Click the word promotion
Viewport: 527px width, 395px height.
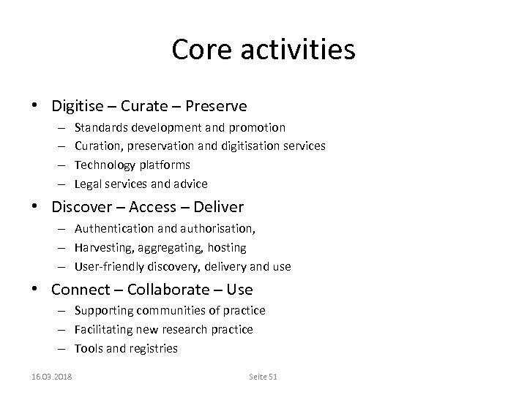(259, 127)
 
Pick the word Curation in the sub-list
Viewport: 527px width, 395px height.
(97, 146)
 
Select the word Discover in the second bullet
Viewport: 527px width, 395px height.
(80, 207)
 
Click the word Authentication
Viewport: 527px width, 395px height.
(113, 229)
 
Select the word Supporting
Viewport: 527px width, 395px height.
(102, 311)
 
